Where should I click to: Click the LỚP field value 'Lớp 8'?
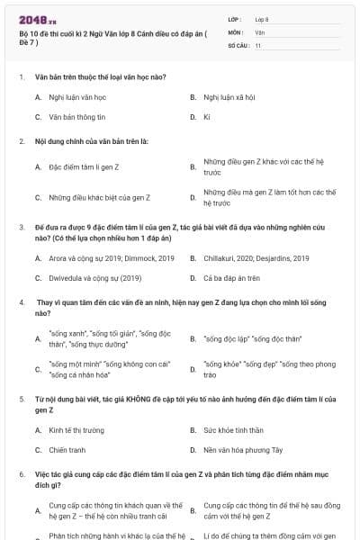262,18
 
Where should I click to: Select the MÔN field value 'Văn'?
260,31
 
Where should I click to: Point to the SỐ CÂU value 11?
258,45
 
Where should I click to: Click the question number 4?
22,302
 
